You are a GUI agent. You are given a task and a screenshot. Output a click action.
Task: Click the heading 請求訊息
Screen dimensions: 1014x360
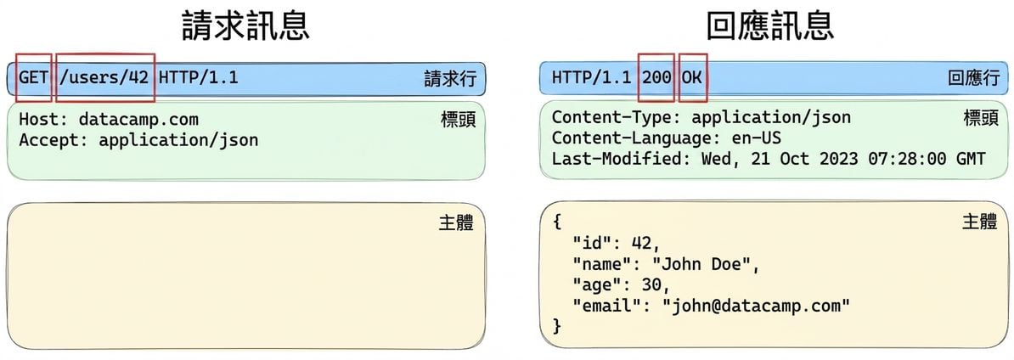pyautogui.click(x=245, y=26)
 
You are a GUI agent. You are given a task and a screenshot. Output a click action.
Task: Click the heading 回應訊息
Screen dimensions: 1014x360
pyautogui.click(x=770, y=26)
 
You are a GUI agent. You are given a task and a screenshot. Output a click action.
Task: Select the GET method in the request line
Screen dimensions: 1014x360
pyautogui.click(x=34, y=78)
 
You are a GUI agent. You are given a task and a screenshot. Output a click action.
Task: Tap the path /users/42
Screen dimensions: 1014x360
pyautogui.click(x=104, y=78)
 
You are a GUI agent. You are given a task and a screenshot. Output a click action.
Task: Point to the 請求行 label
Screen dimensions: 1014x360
pyautogui.click(x=450, y=79)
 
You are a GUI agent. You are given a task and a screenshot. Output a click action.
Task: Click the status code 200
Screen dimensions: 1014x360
pyautogui.click(x=656, y=78)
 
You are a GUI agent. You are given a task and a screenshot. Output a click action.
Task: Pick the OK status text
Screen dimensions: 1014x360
pyautogui.click(x=692, y=78)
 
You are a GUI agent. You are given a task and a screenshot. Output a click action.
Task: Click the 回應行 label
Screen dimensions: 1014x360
pyautogui.click(x=973, y=79)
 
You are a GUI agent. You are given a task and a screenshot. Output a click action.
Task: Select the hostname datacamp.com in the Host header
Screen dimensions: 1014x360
pyautogui.click(x=138, y=121)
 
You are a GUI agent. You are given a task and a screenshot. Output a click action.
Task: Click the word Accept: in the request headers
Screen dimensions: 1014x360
pyautogui.click(x=54, y=140)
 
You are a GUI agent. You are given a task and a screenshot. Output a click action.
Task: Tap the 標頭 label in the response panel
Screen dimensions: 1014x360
pyautogui.click(x=981, y=117)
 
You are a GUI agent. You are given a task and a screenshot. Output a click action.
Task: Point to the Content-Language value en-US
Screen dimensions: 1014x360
pyautogui.click(x=756, y=138)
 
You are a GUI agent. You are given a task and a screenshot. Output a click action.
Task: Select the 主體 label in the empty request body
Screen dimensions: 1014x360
pyautogui.click(x=457, y=222)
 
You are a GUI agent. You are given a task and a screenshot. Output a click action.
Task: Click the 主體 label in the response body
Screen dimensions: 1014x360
pyautogui.click(x=980, y=222)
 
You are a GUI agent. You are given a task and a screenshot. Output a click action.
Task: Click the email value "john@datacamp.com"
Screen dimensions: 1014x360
pyautogui.click(x=755, y=305)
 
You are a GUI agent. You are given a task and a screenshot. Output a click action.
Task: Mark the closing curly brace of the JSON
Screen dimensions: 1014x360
pyautogui.click(x=557, y=326)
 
